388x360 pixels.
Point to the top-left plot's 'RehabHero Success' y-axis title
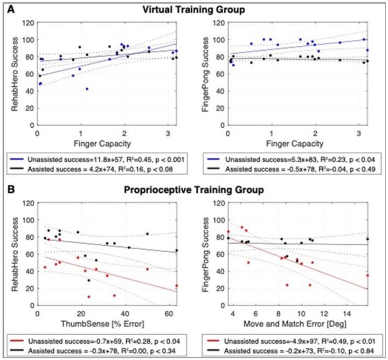(15, 69)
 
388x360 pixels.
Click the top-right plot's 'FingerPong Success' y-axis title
(206, 69)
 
